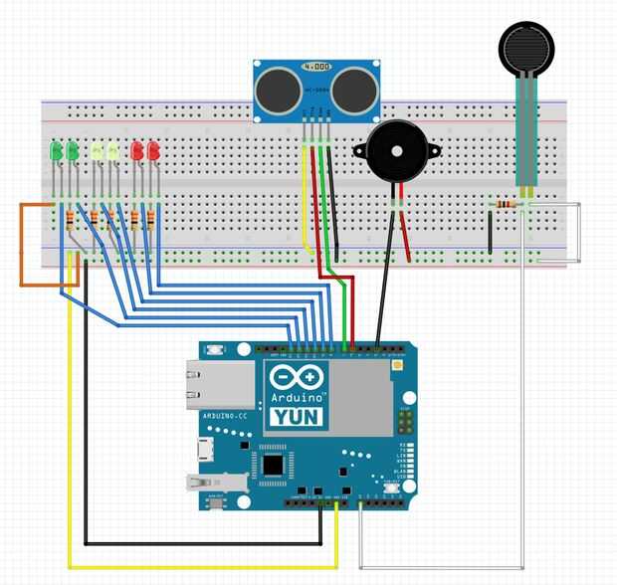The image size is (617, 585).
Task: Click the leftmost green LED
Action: (x=56, y=151)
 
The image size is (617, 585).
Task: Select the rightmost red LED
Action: (x=153, y=151)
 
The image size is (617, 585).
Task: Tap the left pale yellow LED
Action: (x=97, y=151)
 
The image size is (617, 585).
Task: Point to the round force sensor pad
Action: (x=525, y=46)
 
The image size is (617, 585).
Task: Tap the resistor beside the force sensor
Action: (x=506, y=206)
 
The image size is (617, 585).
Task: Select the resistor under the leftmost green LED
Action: (x=67, y=218)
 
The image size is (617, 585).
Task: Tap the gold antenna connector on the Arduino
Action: (x=397, y=366)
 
